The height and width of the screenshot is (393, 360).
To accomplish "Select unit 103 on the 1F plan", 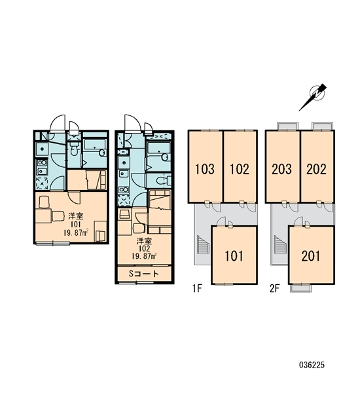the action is point(205,166).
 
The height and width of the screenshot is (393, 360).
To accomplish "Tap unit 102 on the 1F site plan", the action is point(240,166).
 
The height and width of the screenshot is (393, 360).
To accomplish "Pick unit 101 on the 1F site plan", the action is point(234,255).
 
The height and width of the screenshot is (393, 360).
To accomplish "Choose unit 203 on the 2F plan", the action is point(282,166).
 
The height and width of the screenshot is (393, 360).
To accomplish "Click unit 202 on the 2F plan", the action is point(317,166).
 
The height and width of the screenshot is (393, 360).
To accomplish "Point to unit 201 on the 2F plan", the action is point(312,255).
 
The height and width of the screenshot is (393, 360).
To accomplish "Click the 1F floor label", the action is point(197,288).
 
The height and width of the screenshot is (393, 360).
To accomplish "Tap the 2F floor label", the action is point(274,288).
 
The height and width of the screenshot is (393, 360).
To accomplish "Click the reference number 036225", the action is point(312,365).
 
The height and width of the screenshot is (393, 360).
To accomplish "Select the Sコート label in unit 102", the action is point(144,273).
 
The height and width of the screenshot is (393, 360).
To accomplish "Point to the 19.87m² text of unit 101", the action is point(76,233).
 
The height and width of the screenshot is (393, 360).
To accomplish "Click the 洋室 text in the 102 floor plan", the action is point(144,241).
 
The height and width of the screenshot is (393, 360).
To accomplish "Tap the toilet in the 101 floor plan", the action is point(74,149).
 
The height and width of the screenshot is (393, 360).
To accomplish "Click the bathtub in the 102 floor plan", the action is point(159,152).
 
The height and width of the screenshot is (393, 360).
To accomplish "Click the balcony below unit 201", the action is point(300,288).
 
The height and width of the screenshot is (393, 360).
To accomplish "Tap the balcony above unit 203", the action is point(288,126).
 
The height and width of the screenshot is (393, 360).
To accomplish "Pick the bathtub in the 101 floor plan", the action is point(94,147).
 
